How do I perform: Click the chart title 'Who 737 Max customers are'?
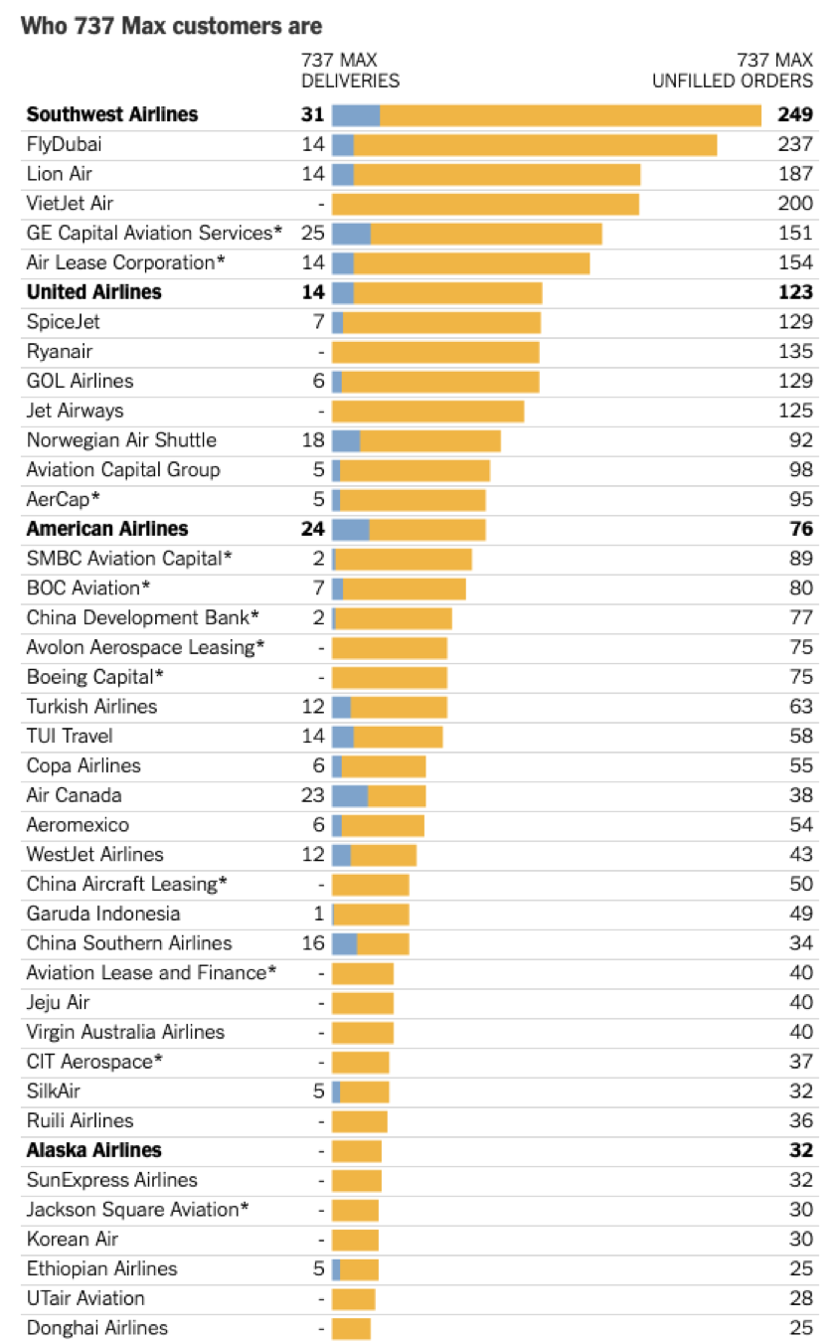[171, 26]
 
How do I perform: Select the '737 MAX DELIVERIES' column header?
[350, 71]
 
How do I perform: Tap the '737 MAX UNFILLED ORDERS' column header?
[732, 71]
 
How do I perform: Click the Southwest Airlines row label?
[112, 114]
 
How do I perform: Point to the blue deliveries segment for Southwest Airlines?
[356, 115]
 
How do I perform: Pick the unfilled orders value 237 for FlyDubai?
[795, 145]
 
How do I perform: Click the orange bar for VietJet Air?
[485, 204]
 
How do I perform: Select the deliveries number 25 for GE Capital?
[313, 234]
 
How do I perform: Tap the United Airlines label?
[94, 292]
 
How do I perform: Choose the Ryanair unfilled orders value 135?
[795, 352]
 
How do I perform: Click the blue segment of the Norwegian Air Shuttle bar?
[346, 440]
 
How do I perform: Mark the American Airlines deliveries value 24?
[313, 529]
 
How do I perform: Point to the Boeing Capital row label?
[94, 677]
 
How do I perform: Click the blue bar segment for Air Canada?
[350, 795]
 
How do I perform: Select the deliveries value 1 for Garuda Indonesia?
[319, 914]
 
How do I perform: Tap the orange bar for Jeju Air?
[363, 1002]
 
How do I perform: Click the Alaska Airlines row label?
[94, 1150]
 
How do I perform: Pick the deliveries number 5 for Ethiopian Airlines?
[319, 1268]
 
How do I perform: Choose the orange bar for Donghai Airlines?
[351, 1328]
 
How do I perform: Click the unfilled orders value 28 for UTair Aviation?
[801, 1298]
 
